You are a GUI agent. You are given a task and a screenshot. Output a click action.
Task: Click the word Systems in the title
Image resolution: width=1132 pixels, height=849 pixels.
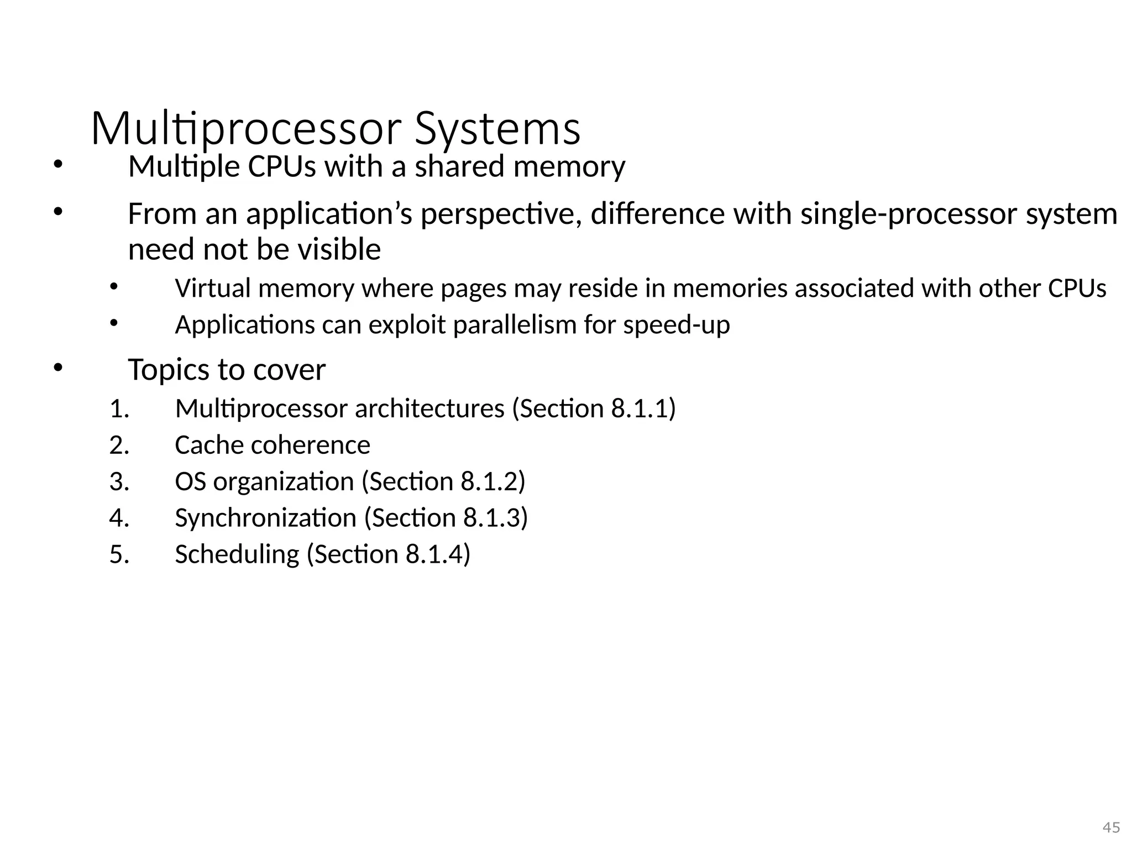coord(497,129)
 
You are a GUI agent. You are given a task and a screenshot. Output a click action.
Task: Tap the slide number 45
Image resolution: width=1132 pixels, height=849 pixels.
coord(1111,827)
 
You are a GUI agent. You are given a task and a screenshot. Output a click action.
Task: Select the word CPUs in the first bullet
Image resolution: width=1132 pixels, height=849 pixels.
coord(282,166)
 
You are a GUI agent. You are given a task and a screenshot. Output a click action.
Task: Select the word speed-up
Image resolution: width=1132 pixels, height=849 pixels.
coord(677,325)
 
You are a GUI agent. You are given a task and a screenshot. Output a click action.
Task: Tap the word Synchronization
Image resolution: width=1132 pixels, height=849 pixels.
coord(266,518)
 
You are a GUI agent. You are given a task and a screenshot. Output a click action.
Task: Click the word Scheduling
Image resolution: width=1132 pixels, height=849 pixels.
coord(237,554)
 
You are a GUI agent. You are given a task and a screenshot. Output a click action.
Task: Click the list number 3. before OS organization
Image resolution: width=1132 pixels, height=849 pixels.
coord(119,482)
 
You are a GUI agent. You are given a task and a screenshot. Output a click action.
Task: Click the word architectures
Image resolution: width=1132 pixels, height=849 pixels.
coord(429,409)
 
